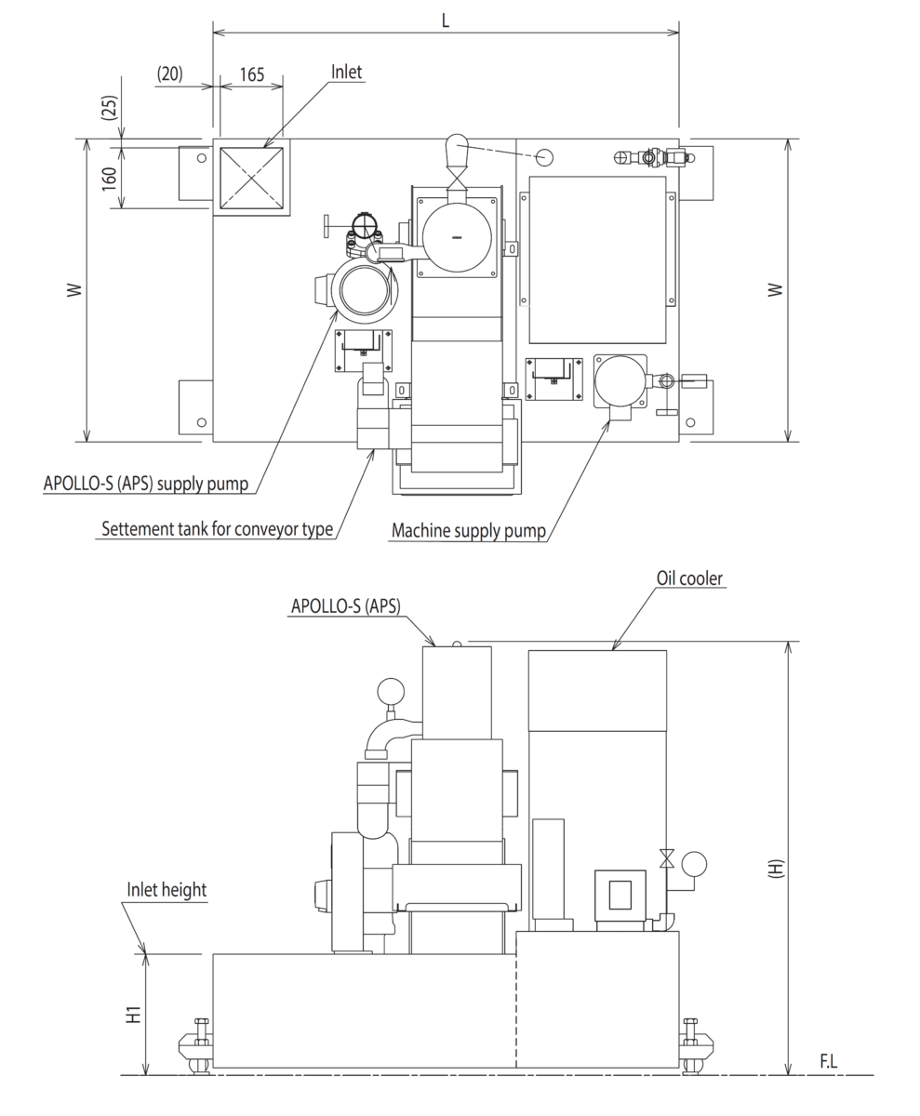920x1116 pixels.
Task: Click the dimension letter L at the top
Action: coord(446,20)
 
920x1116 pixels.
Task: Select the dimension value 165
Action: coord(252,74)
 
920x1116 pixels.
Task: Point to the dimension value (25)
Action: coord(109,108)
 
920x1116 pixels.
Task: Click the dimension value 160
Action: coord(109,178)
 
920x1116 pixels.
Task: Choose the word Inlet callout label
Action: coord(346,72)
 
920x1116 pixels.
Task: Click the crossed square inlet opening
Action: coord(251,177)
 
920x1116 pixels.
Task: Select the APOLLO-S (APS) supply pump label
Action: coord(146,484)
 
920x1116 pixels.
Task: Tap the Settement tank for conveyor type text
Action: coord(217,529)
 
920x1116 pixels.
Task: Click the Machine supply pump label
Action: coord(468,531)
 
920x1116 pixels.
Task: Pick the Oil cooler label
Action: coord(689,578)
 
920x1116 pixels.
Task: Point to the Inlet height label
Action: coord(167,890)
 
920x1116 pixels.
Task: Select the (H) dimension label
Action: coord(775,868)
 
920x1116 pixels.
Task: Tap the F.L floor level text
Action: coord(828,1061)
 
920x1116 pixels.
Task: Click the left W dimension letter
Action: coord(74,290)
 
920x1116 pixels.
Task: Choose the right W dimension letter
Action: coord(775,290)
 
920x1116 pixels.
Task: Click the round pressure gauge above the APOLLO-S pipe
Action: coord(391,692)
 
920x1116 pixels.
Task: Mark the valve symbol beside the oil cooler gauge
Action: coord(666,858)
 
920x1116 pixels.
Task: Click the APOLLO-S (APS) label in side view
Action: coord(345,606)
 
